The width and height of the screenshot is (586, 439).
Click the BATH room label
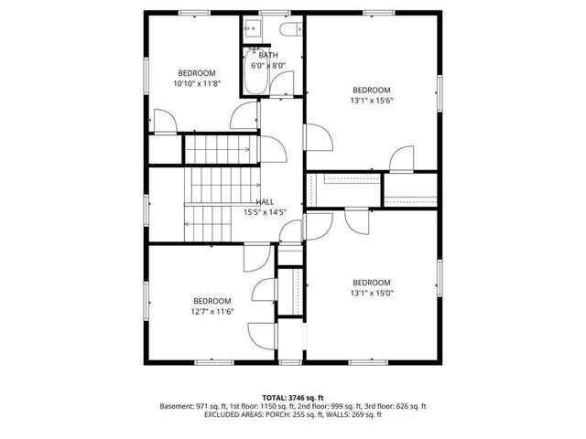click(268, 56)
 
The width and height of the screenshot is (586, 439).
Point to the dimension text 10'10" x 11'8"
click(197, 83)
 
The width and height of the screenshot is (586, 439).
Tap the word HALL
click(265, 202)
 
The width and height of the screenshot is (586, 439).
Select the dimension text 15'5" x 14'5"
click(266, 212)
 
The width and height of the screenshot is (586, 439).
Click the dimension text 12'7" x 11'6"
click(212, 311)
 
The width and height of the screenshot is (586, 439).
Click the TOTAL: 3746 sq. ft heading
click(293, 398)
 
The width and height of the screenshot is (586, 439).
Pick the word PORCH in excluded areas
click(281, 414)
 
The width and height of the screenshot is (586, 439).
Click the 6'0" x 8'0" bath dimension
click(268, 66)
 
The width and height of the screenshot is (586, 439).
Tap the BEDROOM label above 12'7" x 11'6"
click(212, 301)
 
